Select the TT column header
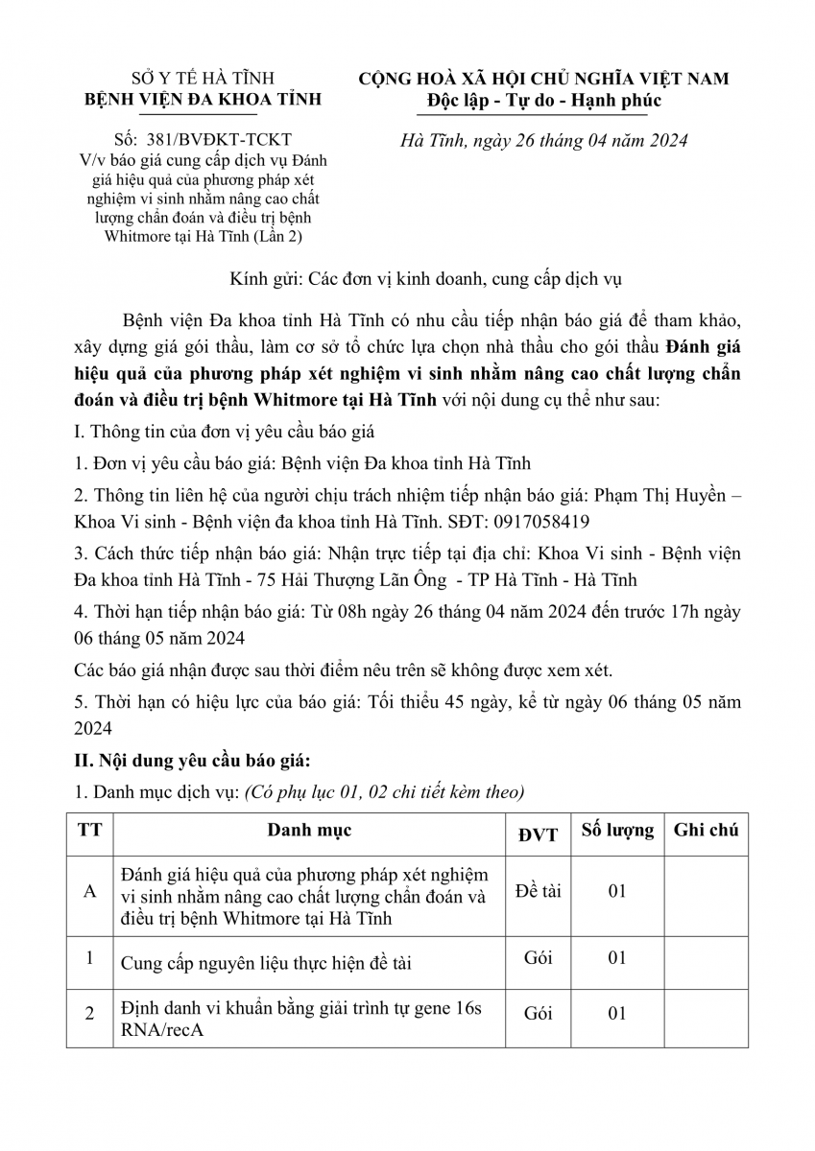click(89, 831)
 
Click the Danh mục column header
click(309, 831)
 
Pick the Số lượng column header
click(616, 831)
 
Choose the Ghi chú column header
click(706, 831)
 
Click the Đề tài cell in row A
click(538, 890)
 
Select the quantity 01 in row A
click(616, 891)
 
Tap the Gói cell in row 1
click(538, 957)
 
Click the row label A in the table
click(90, 891)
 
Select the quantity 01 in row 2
click(616, 1013)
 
